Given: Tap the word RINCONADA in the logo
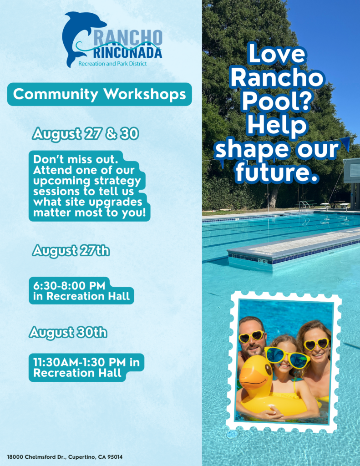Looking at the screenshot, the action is [x=128, y=54].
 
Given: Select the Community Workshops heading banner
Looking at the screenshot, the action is [x=100, y=94].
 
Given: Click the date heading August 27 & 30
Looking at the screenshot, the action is [x=86, y=134].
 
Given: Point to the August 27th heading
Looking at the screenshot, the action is [x=71, y=251].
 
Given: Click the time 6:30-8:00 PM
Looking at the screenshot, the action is [x=69, y=286].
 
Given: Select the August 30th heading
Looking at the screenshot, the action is [x=68, y=332].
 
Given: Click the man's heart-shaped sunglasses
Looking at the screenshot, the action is [x=252, y=336].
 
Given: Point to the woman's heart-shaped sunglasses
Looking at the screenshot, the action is [x=317, y=344].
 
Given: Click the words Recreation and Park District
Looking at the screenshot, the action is [x=112, y=64].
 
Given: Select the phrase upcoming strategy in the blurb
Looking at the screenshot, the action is [x=87, y=181].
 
